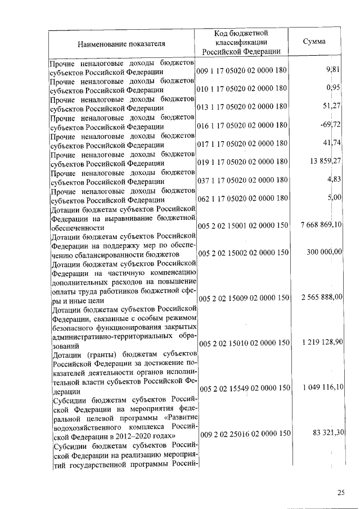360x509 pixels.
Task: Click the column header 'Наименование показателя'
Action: [121, 42]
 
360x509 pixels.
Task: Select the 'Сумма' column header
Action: [314, 42]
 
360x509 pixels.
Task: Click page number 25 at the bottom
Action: [341, 493]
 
